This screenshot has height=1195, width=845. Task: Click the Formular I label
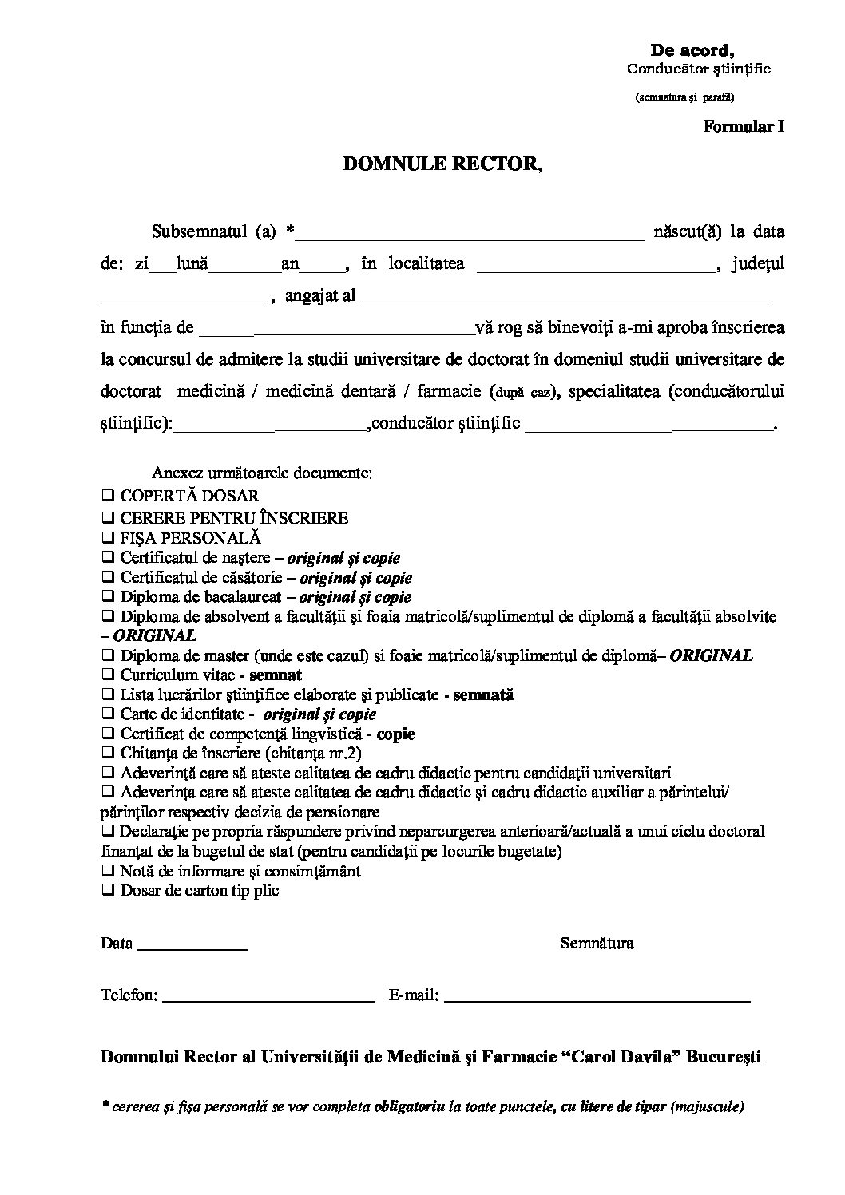click(744, 126)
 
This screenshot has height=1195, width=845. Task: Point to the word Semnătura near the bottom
click(597, 944)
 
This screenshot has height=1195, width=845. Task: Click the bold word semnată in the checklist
click(483, 694)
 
